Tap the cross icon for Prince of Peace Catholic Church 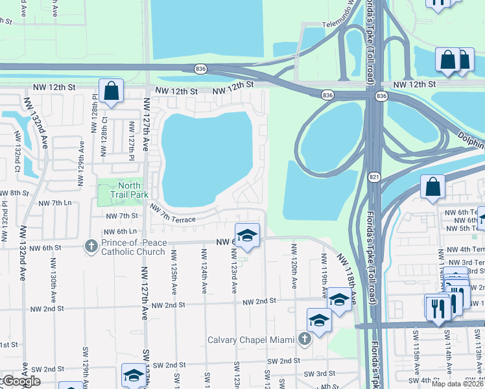[x=91, y=246]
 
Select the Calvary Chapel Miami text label [x=250, y=340]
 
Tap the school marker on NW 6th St [x=247, y=236]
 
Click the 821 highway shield [x=374, y=177]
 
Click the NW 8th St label [x=14, y=193]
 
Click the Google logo [x=21, y=381]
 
